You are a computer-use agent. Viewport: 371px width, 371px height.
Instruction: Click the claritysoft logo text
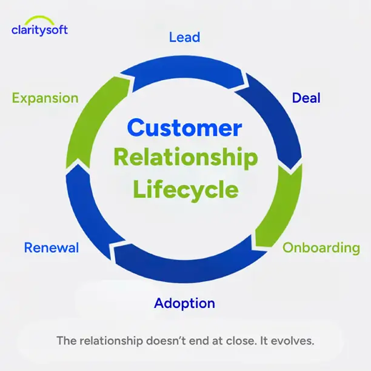[39, 30]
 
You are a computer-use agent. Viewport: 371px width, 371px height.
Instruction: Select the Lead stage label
[184, 37]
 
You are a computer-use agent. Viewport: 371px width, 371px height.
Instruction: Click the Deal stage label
[306, 98]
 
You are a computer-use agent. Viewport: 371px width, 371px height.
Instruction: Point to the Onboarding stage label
[321, 247]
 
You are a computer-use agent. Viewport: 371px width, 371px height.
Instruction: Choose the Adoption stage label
[184, 302]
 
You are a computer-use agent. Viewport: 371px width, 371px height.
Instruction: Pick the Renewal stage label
[52, 247]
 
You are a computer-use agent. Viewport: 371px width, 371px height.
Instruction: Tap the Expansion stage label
[45, 98]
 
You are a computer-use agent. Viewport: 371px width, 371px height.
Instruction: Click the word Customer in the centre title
[184, 128]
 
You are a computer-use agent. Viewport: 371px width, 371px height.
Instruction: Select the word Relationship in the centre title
[185, 159]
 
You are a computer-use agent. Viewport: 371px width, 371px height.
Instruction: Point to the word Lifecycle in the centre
[185, 189]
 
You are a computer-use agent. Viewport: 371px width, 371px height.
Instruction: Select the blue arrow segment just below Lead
[182, 69]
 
